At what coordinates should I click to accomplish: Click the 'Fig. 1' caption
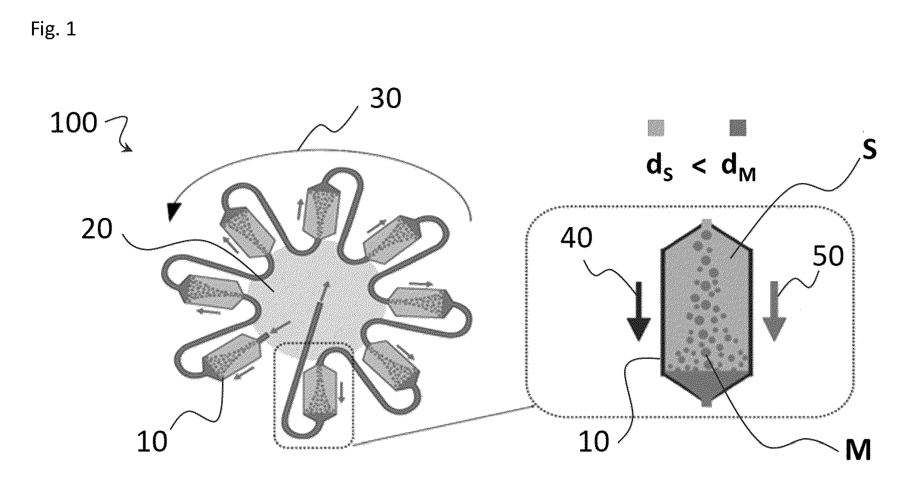pyautogui.click(x=53, y=29)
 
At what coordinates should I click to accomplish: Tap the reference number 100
pyautogui.click(x=74, y=123)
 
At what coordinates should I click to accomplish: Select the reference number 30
pyautogui.click(x=386, y=98)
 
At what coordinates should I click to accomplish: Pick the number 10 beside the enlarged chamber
pyautogui.click(x=594, y=441)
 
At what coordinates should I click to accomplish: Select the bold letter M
pyautogui.click(x=858, y=450)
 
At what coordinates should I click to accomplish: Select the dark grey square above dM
pyautogui.click(x=737, y=128)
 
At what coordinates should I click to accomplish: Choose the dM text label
pyautogui.click(x=739, y=168)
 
